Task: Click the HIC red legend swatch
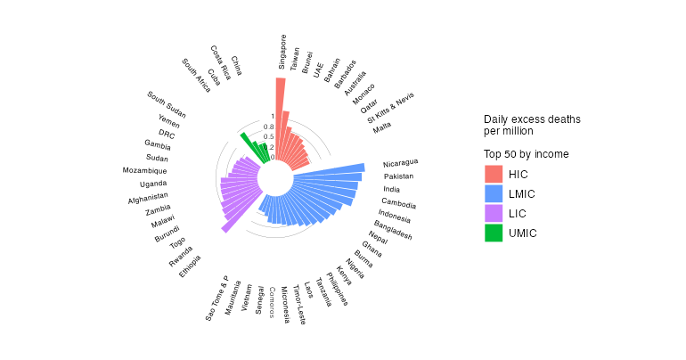(x=494, y=174)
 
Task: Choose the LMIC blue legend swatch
(x=494, y=193)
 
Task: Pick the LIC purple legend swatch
(x=494, y=213)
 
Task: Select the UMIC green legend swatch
(x=494, y=233)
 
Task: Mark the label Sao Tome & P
(x=216, y=298)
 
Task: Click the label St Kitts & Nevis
(x=391, y=112)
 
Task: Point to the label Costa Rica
(x=221, y=62)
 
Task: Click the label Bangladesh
(x=393, y=230)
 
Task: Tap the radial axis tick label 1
(x=273, y=116)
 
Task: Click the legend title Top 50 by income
(x=527, y=154)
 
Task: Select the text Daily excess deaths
(x=532, y=119)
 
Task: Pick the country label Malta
(x=382, y=127)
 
